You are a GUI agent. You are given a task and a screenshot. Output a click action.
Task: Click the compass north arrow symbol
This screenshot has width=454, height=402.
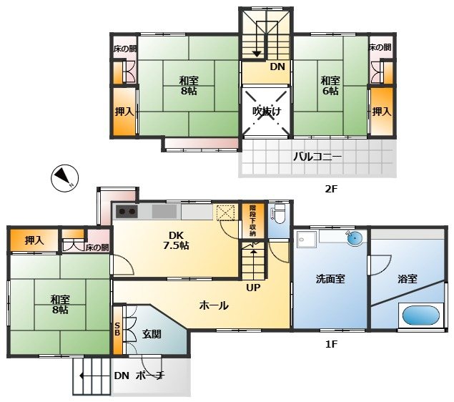[x=64, y=178]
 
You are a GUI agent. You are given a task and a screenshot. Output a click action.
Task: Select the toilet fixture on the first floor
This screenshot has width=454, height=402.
[x=279, y=213]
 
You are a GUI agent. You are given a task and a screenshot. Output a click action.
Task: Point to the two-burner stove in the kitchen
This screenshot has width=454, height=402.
[x=127, y=212]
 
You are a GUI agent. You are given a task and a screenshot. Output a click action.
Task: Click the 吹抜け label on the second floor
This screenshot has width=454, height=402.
[x=267, y=111]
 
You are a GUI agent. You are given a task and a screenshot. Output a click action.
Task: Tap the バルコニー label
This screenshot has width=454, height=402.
[x=317, y=157]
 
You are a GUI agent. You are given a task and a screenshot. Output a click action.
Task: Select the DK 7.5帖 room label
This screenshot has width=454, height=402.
[x=176, y=240]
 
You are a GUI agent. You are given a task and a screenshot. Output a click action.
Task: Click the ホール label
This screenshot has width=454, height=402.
[x=214, y=305]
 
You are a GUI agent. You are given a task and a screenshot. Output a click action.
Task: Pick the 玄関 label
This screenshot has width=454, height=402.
[x=152, y=334]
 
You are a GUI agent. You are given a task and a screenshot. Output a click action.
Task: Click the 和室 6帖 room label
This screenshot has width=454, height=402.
[x=330, y=85]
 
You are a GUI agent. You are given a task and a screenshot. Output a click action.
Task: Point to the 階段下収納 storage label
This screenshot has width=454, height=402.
[x=253, y=221]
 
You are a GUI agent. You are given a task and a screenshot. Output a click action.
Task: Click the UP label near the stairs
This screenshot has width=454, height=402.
[x=253, y=288]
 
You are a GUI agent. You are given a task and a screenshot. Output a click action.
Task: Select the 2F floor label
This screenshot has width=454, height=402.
[x=332, y=189]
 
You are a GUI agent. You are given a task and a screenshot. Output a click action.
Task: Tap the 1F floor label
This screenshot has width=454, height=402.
[x=332, y=344]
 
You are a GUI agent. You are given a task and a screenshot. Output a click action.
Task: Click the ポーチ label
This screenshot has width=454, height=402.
[x=150, y=376]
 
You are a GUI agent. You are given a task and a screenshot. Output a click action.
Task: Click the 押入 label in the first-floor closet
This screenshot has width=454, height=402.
[x=34, y=240]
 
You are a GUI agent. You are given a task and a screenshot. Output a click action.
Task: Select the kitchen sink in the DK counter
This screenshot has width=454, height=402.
[x=164, y=212]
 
